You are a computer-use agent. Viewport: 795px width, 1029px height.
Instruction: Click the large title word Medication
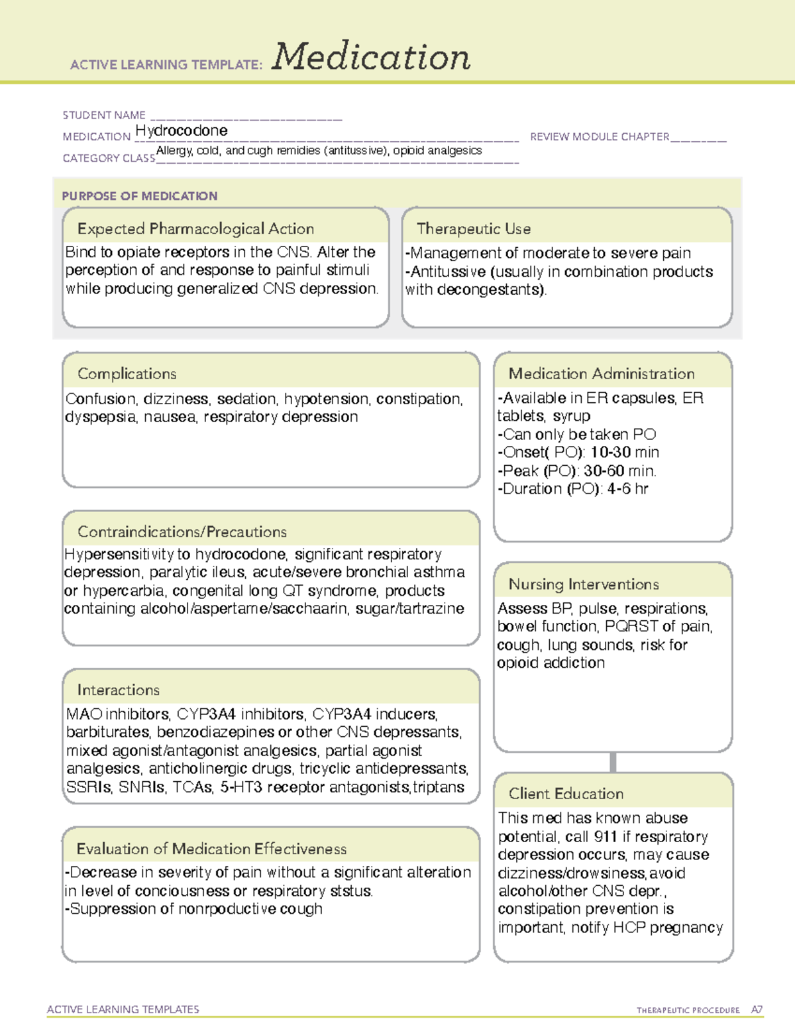tap(371, 57)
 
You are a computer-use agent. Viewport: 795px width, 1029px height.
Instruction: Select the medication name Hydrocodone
tap(181, 131)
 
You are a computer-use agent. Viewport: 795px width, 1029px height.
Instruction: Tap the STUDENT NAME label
tap(104, 115)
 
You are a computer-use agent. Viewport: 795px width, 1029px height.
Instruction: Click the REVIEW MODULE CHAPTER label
tap(600, 136)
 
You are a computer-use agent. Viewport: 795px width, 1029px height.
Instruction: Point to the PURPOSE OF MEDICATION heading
tap(140, 196)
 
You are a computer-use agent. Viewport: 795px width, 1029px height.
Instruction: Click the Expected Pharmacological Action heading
tap(195, 229)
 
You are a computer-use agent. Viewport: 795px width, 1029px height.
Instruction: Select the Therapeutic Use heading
tap(474, 229)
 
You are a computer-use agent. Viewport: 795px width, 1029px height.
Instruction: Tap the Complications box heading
tap(127, 374)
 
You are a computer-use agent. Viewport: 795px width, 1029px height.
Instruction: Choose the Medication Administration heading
tap(602, 374)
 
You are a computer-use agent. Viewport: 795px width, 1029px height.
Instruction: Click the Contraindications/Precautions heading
tap(182, 531)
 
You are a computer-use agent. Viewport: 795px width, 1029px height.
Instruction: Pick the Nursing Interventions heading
tap(584, 584)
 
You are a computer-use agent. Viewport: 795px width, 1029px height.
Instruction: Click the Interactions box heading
tap(118, 690)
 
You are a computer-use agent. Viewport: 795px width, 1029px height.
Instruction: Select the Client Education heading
tap(566, 793)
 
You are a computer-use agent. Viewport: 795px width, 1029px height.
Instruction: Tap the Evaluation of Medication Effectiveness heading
tap(211, 849)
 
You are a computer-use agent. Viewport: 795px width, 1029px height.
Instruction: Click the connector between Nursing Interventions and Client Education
tap(613, 763)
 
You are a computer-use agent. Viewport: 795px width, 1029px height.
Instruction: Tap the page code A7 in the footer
tap(757, 1010)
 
